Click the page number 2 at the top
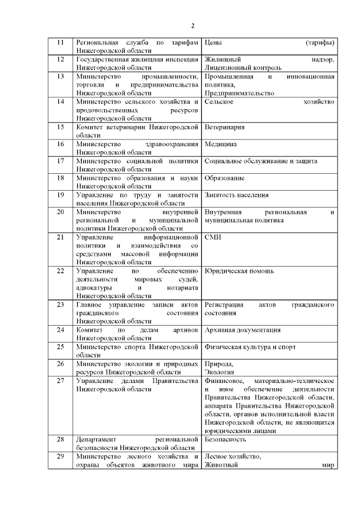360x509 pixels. pos(192,26)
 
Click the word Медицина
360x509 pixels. pos(220,144)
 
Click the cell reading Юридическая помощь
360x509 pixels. pos(240,271)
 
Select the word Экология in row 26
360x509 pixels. pos(219,372)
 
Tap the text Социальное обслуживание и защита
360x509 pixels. pos(261,161)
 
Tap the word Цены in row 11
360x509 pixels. pos(213,43)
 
